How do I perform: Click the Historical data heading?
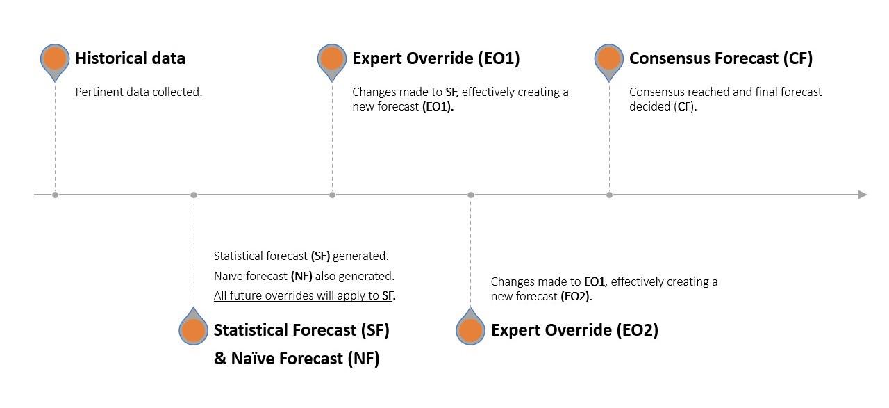(x=130, y=58)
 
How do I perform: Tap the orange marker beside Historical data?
(x=55, y=59)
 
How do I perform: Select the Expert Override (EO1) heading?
(x=435, y=58)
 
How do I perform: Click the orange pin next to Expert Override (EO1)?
(x=332, y=59)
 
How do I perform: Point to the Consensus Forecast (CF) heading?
(x=720, y=58)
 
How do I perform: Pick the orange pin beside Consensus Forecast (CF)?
(x=609, y=59)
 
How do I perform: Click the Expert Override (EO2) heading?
(x=574, y=330)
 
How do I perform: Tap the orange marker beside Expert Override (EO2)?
(x=470, y=331)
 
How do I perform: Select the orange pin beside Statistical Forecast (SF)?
(x=193, y=331)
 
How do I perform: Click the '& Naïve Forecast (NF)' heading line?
(x=297, y=359)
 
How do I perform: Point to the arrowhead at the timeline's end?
(x=863, y=195)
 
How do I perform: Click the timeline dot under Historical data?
(x=55, y=195)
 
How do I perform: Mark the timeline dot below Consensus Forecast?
(x=609, y=195)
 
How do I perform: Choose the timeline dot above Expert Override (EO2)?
(x=470, y=195)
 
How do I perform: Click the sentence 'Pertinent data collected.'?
(x=138, y=92)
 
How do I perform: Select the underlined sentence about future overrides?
(x=304, y=295)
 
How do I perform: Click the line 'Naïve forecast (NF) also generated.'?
(x=304, y=276)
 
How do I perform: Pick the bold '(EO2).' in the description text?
(x=576, y=296)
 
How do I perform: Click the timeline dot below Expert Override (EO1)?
(x=332, y=195)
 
